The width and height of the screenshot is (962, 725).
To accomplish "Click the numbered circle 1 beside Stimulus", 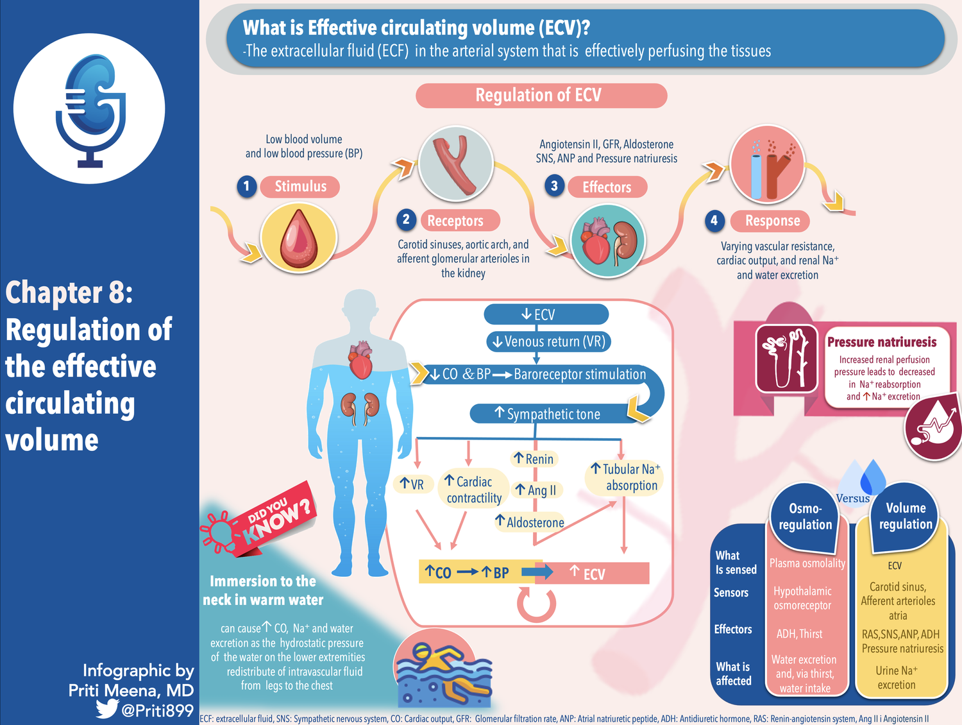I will tap(247, 187).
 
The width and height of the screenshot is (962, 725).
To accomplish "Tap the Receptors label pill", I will tap(455, 221).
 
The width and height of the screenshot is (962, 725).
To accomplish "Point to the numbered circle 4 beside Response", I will tap(714, 221).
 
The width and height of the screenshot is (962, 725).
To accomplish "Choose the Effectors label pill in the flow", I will tap(607, 187).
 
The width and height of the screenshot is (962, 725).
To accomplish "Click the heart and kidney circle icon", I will tap(607, 241).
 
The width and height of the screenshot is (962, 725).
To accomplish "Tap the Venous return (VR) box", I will tap(548, 341).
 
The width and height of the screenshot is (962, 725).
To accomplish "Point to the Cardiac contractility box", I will tap(474, 490).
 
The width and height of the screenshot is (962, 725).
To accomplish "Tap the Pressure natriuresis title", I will tap(882, 342).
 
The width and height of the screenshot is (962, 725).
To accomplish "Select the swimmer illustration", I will tap(443, 670).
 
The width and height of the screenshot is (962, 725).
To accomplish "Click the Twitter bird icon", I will tap(107, 709).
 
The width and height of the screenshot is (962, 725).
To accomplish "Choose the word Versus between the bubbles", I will tap(853, 499).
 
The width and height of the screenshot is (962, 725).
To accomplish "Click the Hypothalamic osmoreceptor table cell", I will tap(802, 598).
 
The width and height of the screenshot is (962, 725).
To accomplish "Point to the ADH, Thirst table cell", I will tap(800, 634).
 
